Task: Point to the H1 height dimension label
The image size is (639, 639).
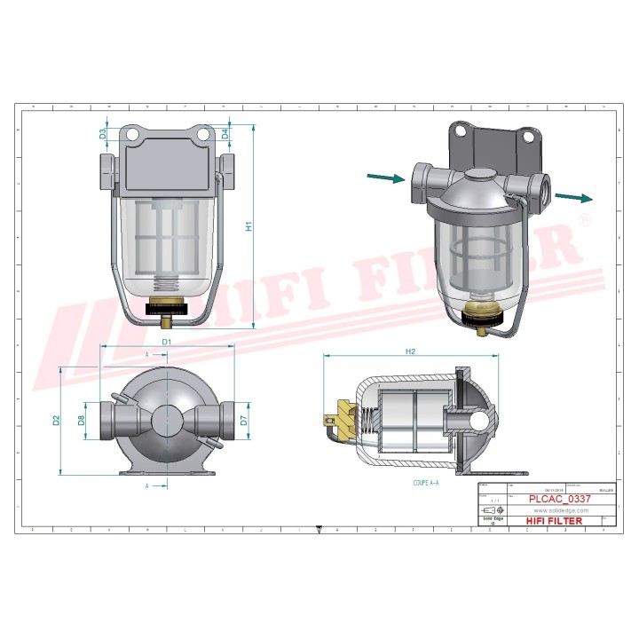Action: (249, 226)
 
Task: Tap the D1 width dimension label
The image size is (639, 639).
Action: (166, 341)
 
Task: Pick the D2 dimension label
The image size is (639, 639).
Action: (55, 420)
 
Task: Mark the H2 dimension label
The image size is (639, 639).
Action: (410, 351)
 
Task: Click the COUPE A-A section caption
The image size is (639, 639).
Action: (427, 485)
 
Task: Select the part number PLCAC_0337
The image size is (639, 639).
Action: (559, 500)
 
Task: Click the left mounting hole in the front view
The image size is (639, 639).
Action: (131, 134)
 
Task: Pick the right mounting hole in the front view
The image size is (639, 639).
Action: (203, 134)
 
